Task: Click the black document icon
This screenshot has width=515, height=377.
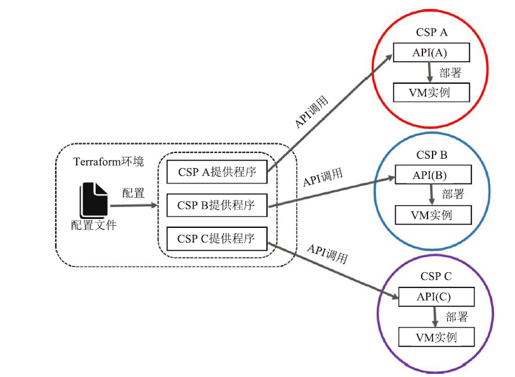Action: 94,201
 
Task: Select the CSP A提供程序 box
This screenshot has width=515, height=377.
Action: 217,171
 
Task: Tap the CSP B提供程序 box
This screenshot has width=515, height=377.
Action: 217,205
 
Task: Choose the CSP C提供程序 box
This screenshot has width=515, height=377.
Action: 217,239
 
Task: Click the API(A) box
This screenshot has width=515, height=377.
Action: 431,52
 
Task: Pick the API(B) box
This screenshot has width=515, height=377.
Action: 433,175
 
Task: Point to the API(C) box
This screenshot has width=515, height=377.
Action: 436,297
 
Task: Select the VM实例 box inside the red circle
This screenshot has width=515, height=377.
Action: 431,93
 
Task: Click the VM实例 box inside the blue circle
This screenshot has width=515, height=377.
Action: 433,215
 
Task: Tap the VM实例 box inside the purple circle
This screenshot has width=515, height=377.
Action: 436,337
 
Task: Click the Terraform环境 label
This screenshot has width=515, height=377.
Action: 108,161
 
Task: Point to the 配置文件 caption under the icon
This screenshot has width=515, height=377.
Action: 94,225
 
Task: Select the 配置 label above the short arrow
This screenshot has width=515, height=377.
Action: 133,193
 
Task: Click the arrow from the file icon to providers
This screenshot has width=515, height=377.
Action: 134,206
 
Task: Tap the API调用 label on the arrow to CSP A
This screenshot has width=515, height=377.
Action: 311,112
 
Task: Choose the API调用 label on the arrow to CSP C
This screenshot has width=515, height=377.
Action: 327,253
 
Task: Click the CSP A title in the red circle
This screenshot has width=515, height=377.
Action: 431,32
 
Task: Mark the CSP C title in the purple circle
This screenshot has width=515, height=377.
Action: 436,277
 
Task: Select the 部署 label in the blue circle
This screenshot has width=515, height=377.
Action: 453,194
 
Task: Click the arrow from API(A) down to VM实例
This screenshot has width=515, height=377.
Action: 429,72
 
